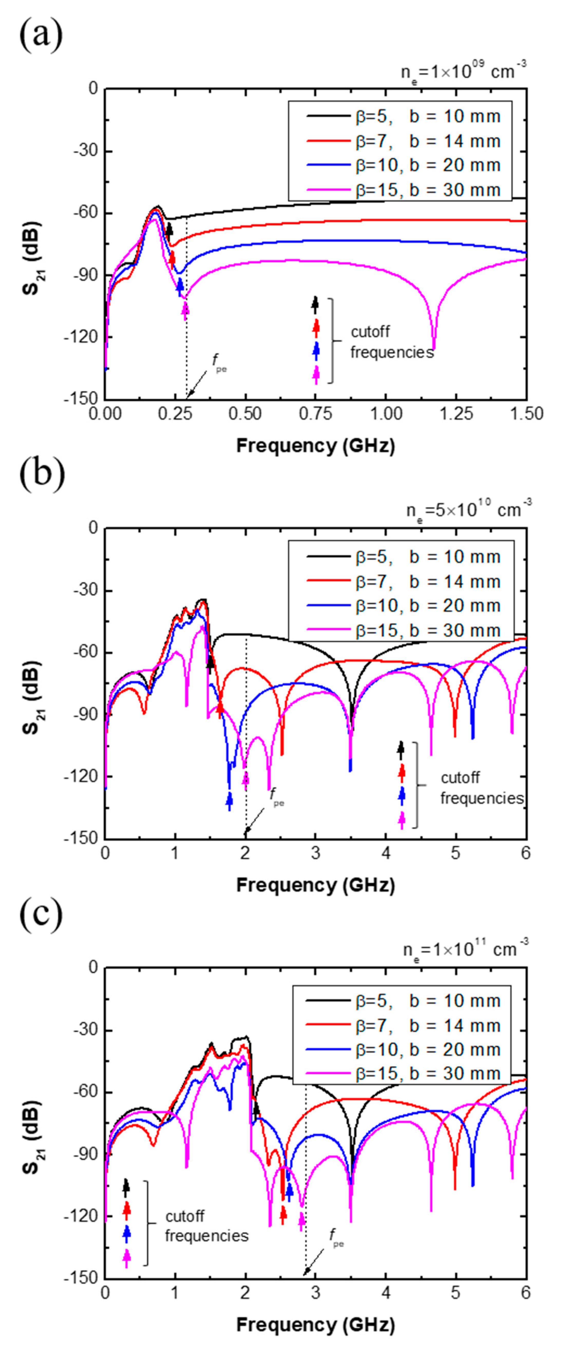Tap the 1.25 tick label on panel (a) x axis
coord(456,414)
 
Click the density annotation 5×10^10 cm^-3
coord(468,509)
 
